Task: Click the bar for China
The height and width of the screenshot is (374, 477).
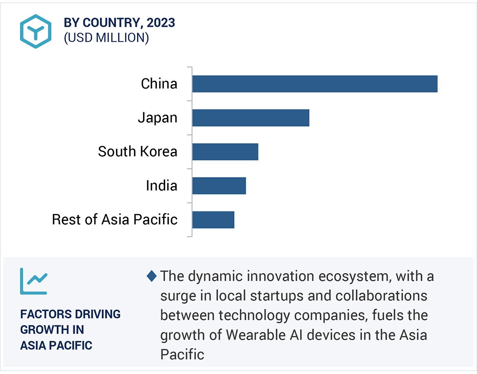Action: click(315, 84)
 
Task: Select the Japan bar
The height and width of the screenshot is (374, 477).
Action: click(251, 118)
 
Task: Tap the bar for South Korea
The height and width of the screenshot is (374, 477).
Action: click(225, 151)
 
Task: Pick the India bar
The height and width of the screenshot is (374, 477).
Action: click(219, 186)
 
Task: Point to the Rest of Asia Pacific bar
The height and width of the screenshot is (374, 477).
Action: click(213, 220)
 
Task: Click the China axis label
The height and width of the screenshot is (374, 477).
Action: click(159, 84)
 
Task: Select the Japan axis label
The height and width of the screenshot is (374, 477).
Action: click(157, 118)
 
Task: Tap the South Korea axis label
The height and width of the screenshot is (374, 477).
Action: click(137, 151)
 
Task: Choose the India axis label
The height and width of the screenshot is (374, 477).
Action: click(161, 186)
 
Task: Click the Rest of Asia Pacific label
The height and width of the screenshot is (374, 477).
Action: click(115, 220)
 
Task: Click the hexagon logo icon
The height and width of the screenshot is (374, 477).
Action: click(36, 31)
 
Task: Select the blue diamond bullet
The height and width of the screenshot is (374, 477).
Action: click(152, 276)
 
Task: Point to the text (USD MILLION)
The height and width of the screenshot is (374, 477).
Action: click(106, 38)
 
